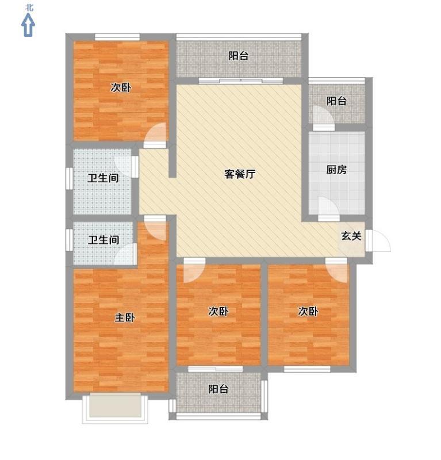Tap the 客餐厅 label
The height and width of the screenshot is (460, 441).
pos(240,174)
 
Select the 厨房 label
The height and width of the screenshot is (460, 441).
pos(336,170)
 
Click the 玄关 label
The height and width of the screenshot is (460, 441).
pos(351,236)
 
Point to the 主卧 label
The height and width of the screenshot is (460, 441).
pos(125,317)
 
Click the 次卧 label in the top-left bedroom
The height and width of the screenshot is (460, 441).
pos(121,87)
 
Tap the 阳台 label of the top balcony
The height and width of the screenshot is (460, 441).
pos(238,56)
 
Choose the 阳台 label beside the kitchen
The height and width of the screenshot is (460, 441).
pos(336,101)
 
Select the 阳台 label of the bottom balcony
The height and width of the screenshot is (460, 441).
pos(218,389)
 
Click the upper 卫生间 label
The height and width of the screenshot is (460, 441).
pos(103,178)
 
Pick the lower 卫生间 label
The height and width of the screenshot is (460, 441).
pos(103,240)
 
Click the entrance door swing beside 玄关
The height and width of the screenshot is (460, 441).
pos(378,240)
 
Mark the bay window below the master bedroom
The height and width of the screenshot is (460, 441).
pos(115,408)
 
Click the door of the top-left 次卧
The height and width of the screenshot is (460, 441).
pos(155,136)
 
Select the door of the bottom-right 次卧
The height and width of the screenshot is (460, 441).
pos(336,270)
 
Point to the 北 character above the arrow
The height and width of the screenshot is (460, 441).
pos(29,7)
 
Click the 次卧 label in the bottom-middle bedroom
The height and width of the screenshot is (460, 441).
pos(218,311)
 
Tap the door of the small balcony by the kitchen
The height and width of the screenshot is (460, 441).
pos(323,118)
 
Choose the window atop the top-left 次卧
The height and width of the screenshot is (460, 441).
pos(117,37)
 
